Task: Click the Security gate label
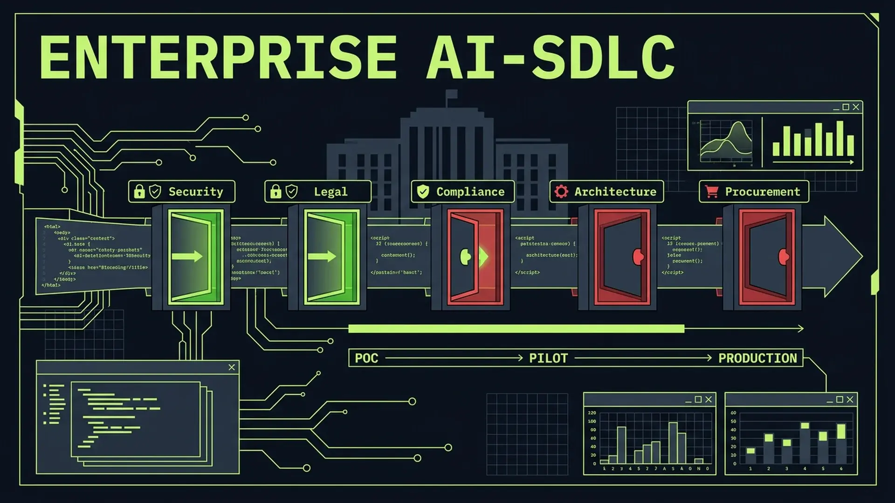point(195,192)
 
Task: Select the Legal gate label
point(330,192)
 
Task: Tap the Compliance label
point(470,192)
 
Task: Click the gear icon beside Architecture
point(561,191)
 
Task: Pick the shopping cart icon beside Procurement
point(711,191)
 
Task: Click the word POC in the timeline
point(366,358)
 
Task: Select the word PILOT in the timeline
point(548,358)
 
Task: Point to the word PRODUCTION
point(757,358)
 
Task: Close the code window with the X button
point(232,367)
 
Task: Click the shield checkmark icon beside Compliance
point(423,191)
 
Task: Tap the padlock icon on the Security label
point(139,191)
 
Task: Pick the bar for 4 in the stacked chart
point(805,442)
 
